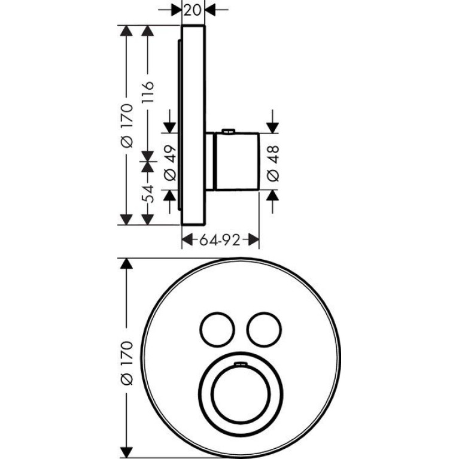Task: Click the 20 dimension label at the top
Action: coord(193,10)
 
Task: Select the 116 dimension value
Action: coord(148,92)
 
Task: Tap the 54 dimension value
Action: coord(148,194)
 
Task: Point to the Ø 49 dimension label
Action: coord(170,163)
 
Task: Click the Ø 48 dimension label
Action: coord(273,163)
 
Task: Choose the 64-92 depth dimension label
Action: coord(220,241)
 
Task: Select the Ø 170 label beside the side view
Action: coord(127,125)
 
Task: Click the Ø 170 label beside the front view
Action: coord(127,363)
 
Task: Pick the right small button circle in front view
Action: coord(247,329)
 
